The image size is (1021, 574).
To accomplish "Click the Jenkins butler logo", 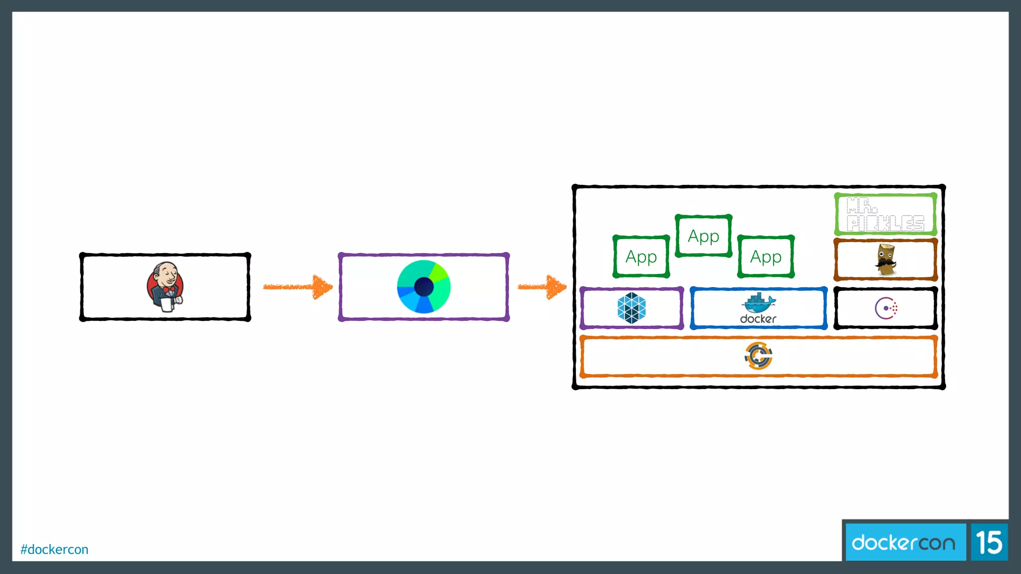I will tap(166, 287).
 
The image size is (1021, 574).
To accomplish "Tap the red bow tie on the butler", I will tap(169, 289).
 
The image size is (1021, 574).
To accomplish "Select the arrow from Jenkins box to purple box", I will tap(298, 287).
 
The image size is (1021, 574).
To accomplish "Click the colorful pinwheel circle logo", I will tap(424, 287).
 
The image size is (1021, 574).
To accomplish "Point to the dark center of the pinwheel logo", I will tap(424, 287).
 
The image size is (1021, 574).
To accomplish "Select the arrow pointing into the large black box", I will tap(542, 287).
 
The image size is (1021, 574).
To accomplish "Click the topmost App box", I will tap(703, 236).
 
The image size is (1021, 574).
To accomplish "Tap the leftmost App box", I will tap(641, 257).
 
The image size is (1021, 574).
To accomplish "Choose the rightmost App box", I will tap(766, 257).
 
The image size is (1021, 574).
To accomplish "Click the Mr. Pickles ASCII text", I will tap(885, 215).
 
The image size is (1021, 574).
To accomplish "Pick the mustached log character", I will tap(885, 260).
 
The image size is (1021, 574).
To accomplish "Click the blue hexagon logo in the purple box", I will tap(632, 308).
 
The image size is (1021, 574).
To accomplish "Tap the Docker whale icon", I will tap(758, 302).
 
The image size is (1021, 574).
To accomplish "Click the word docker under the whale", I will tap(758, 319).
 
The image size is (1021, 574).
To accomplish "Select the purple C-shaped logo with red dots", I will tap(886, 308).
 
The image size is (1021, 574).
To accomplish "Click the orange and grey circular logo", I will tap(758, 356).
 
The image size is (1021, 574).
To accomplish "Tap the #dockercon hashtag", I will tap(54, 549).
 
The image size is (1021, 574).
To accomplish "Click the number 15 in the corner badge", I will tap(989, 542).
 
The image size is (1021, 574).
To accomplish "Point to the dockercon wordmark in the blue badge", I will tap(903, 542).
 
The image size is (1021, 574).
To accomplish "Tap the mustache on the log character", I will tap(885, 262).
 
